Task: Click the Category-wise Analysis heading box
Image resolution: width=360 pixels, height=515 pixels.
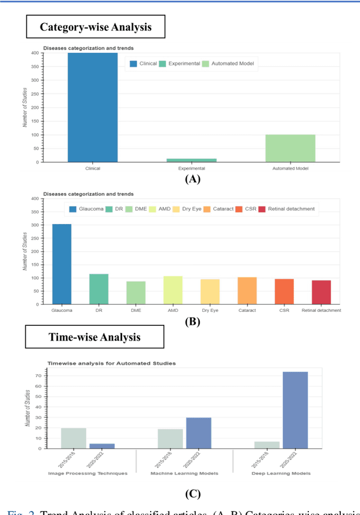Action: (x=96, y=26)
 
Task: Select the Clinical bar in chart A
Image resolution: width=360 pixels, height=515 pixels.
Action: (x=93, y=108)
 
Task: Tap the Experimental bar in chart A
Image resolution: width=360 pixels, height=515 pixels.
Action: (x=191, y=160)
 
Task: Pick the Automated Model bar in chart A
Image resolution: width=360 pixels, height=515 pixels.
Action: (x=290, y=149)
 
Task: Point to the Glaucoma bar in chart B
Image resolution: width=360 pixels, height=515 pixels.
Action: (x=62, y=264)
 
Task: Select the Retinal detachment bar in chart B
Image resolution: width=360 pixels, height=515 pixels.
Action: (x=321, y=292)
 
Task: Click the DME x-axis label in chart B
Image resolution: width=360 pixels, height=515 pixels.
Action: (x=136, y=310)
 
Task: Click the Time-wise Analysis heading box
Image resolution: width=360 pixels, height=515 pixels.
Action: (x=94, y=337)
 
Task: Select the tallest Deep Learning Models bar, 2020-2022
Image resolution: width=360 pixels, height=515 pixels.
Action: (x=295, y=410)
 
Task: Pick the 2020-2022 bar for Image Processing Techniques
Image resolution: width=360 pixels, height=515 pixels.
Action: (x=102, y=446)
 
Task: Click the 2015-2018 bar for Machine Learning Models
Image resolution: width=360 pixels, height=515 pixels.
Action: (x=170, y=438)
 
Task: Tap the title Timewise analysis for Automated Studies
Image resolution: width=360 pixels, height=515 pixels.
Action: (x=111, y=363)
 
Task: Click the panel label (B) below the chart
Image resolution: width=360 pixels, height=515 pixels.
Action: (x=192, y=323)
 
